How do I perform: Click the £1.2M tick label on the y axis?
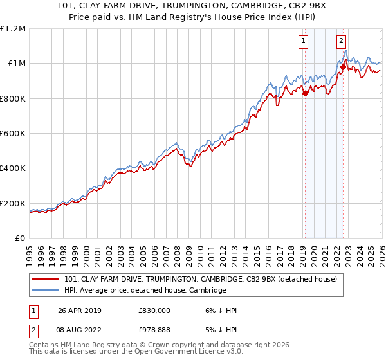click(x=13, y=29)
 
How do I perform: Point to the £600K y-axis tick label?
click(x=13, y=134)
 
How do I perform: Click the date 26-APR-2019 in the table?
click(x=79, y=310)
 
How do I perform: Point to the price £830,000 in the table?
click(x=154, y=310)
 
